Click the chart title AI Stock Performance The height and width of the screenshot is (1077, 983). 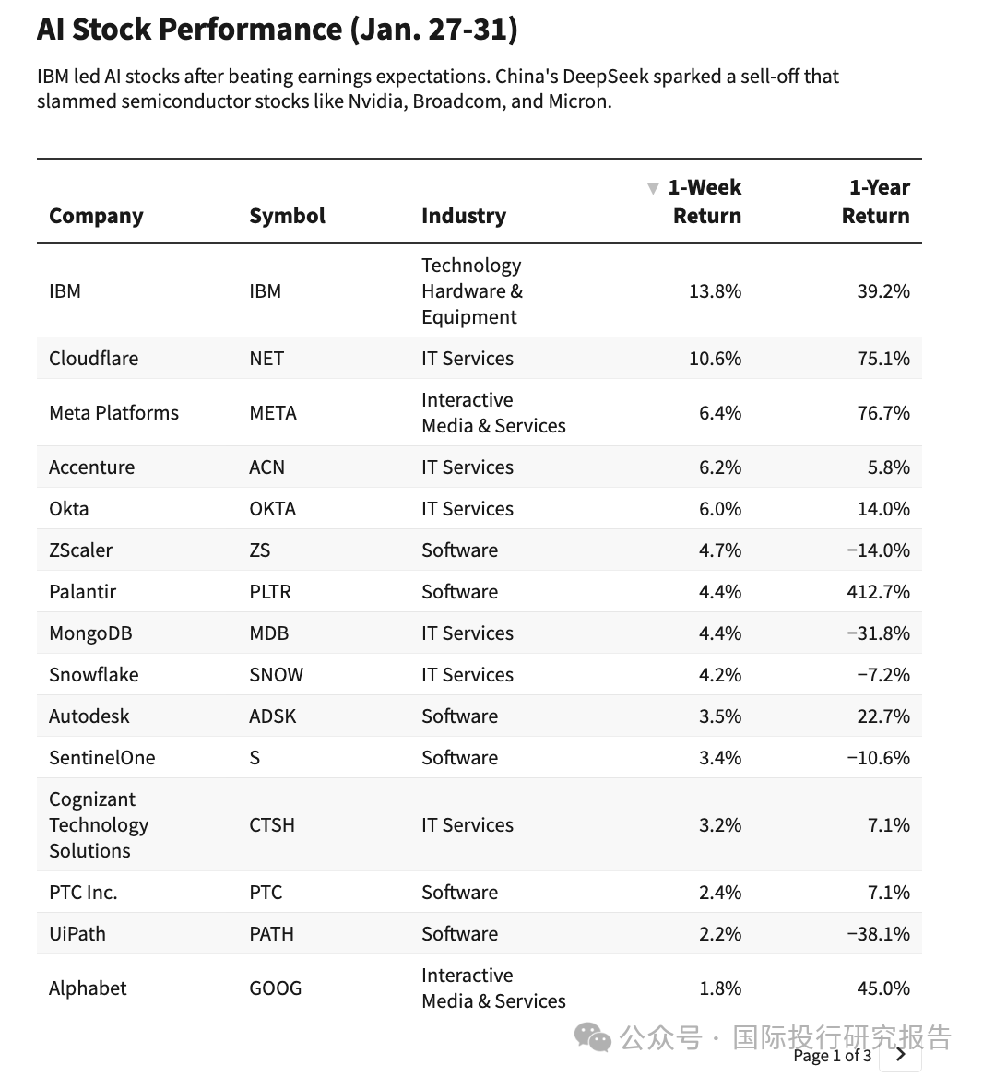pos(277,30)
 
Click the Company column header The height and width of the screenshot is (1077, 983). pos(96,216)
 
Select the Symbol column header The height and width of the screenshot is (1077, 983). pos(287,216)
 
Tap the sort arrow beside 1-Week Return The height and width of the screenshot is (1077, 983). pos(653,189)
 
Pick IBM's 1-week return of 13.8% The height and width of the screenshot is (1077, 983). pos(715,291)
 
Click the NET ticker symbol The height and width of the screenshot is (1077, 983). pos(266,359)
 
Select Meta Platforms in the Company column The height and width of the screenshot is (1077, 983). pos(113,413)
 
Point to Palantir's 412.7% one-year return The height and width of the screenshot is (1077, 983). pos(878,592)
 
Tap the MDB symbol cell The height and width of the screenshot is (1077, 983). pos(268,633)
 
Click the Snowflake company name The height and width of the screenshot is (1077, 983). pos(93,675)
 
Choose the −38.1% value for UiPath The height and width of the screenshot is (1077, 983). pos(878,934)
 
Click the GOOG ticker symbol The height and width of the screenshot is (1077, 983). pos(275,988)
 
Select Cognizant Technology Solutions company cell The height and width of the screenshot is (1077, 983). pos(98,825)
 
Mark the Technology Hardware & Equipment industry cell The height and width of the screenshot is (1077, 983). pos(471,291)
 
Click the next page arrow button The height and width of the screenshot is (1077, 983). pos(901,1055)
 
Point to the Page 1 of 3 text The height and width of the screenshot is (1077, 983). pos(832,1056)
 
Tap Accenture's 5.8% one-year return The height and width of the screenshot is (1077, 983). pos(888,467)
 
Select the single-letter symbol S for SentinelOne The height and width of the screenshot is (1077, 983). pos(255,758)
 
